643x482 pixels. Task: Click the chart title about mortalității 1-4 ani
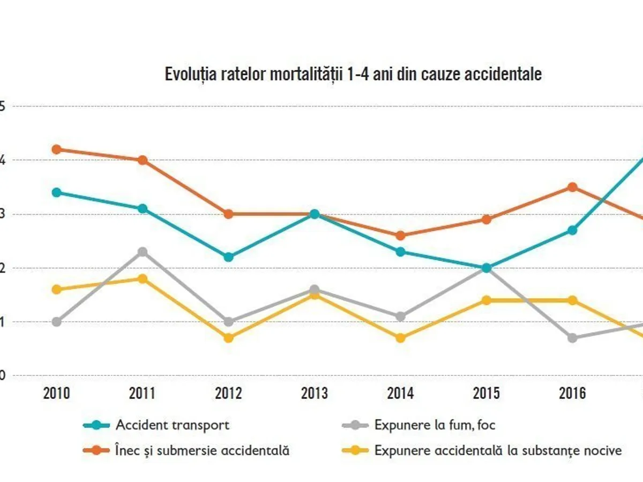click(353, 74)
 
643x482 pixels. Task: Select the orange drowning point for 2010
click(57, 149)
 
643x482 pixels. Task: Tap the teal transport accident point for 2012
click(229, 257)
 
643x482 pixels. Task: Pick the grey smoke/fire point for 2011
click(143, 252)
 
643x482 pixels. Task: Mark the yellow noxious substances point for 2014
click(401, 338)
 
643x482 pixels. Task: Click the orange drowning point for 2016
click(572, 187)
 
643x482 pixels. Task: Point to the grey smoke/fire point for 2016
click(572, 338)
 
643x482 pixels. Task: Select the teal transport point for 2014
click(401, 252)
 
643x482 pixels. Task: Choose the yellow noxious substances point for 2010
click(57, 290)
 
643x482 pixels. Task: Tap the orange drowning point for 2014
click(401, 236)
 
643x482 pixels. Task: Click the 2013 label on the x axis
click(315, 394)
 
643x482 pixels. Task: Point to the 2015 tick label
click(487, 394)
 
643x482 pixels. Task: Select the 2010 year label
click(57, 394)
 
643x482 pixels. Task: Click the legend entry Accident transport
click(173, 425)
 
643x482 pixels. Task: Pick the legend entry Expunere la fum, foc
click(435, 425)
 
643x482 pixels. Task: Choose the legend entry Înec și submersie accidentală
click(203, 450)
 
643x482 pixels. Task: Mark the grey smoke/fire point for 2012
click(229, 322)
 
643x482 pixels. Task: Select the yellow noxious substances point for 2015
click(487, 300)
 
